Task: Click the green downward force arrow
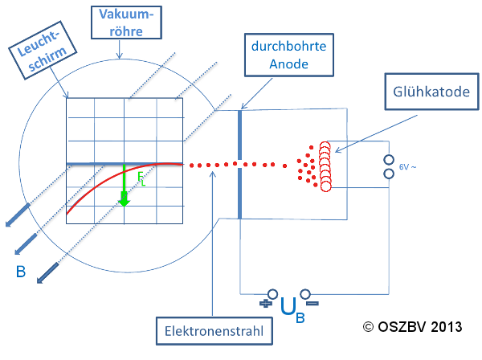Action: click(x=124, y=188)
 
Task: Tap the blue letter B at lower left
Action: click(x=22, y=273)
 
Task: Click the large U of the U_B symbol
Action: click(x=288, y=305)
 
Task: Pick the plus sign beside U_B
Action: click(x=264, y=304)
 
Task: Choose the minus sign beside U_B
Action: click(x=312, y=304)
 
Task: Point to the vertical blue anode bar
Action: click(x=240, y=165)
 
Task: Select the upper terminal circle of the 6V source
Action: click(x=390, y=159)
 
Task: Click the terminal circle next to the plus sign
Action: click(x=273, y=294)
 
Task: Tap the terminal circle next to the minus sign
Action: click(x=304, y=294)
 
